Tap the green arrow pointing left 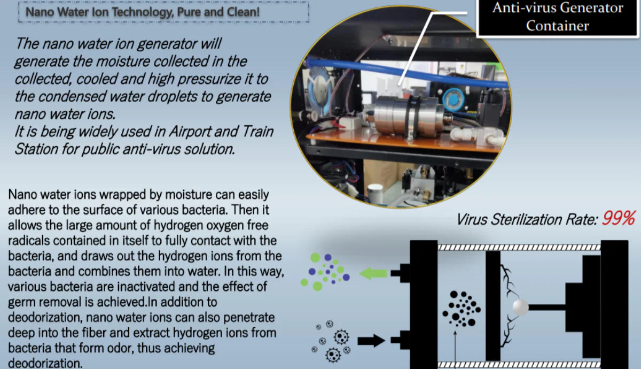point(373,273)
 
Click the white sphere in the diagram point(520,307)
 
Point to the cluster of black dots point(461,309)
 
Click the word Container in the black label point(557,25)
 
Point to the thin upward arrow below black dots point(454,347)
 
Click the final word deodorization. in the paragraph point(46,364)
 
